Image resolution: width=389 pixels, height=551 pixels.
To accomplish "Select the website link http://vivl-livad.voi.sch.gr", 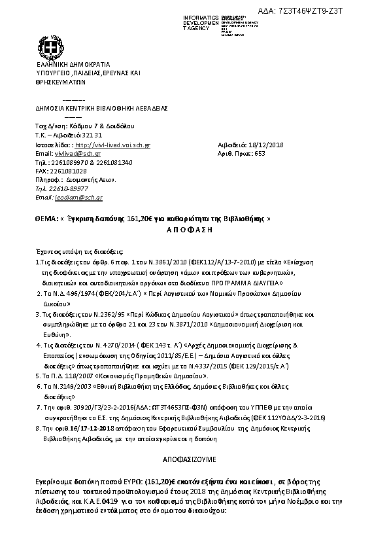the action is [x=113, y=145].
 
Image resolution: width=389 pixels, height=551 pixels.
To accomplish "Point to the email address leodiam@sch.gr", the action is [x=78, y=197].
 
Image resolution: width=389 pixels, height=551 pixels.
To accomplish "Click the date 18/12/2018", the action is [x=258, y=145].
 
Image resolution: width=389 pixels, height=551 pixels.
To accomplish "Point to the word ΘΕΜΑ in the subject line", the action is [x=45, y=218].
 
